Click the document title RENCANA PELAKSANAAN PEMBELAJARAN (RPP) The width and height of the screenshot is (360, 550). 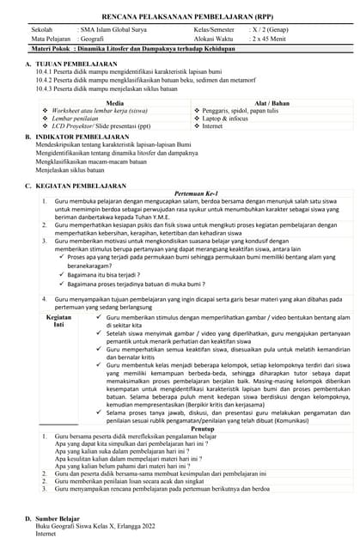coord(180,17)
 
